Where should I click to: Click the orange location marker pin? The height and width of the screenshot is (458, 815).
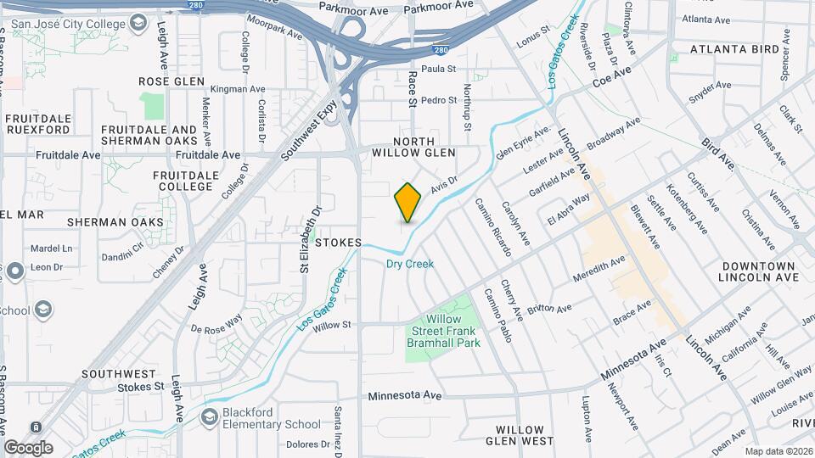(x=407, y=202)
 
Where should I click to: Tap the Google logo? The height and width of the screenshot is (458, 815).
(x=28, y=447)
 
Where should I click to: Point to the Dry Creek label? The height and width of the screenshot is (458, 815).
(x=410, y=264)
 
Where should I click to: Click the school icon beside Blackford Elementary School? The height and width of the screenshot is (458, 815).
(x=210, y=416)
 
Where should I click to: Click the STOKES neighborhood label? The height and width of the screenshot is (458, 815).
(x=339, y=243)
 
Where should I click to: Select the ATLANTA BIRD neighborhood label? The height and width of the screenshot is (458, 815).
(x=734, y=49)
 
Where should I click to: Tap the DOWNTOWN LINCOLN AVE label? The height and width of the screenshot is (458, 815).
(x=758, y=271)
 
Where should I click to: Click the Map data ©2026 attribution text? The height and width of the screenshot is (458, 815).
(x=778, y=451)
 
